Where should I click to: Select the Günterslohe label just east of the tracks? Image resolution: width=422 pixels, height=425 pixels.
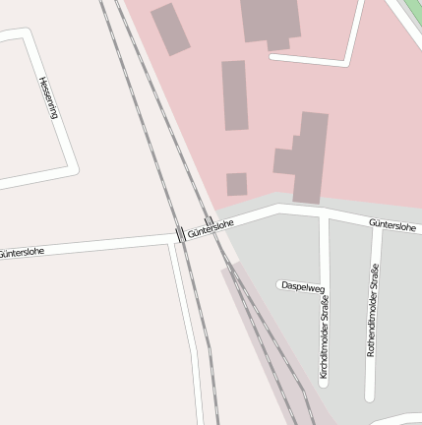pyautogui.click(x=211, y=229)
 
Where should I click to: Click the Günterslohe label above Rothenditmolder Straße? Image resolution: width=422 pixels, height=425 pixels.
pyautogui.click(x=393, y=225)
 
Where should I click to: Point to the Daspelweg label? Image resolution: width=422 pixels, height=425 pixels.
pyautogui.click(x=302, y=286)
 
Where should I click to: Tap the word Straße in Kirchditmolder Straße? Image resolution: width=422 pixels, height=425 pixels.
pyautogui.click(x=325, y=308)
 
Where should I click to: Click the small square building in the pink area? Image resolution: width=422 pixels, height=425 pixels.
pyautogui.click(x=236, y=184)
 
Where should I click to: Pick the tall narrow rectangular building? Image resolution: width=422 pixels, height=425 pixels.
pyautogui.click(x=234, y=95)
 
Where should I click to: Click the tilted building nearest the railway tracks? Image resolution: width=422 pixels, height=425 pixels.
pyautogui.click(x=170, y=29)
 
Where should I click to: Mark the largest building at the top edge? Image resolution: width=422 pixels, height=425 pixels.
pyautogui.click(x=271, y=20)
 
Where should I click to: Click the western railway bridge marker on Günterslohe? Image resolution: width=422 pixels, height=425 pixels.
pyautogui.click(x=179, y=233)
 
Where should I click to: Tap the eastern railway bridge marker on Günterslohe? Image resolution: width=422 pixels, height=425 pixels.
pyautogui.click(x=208, y=220)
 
